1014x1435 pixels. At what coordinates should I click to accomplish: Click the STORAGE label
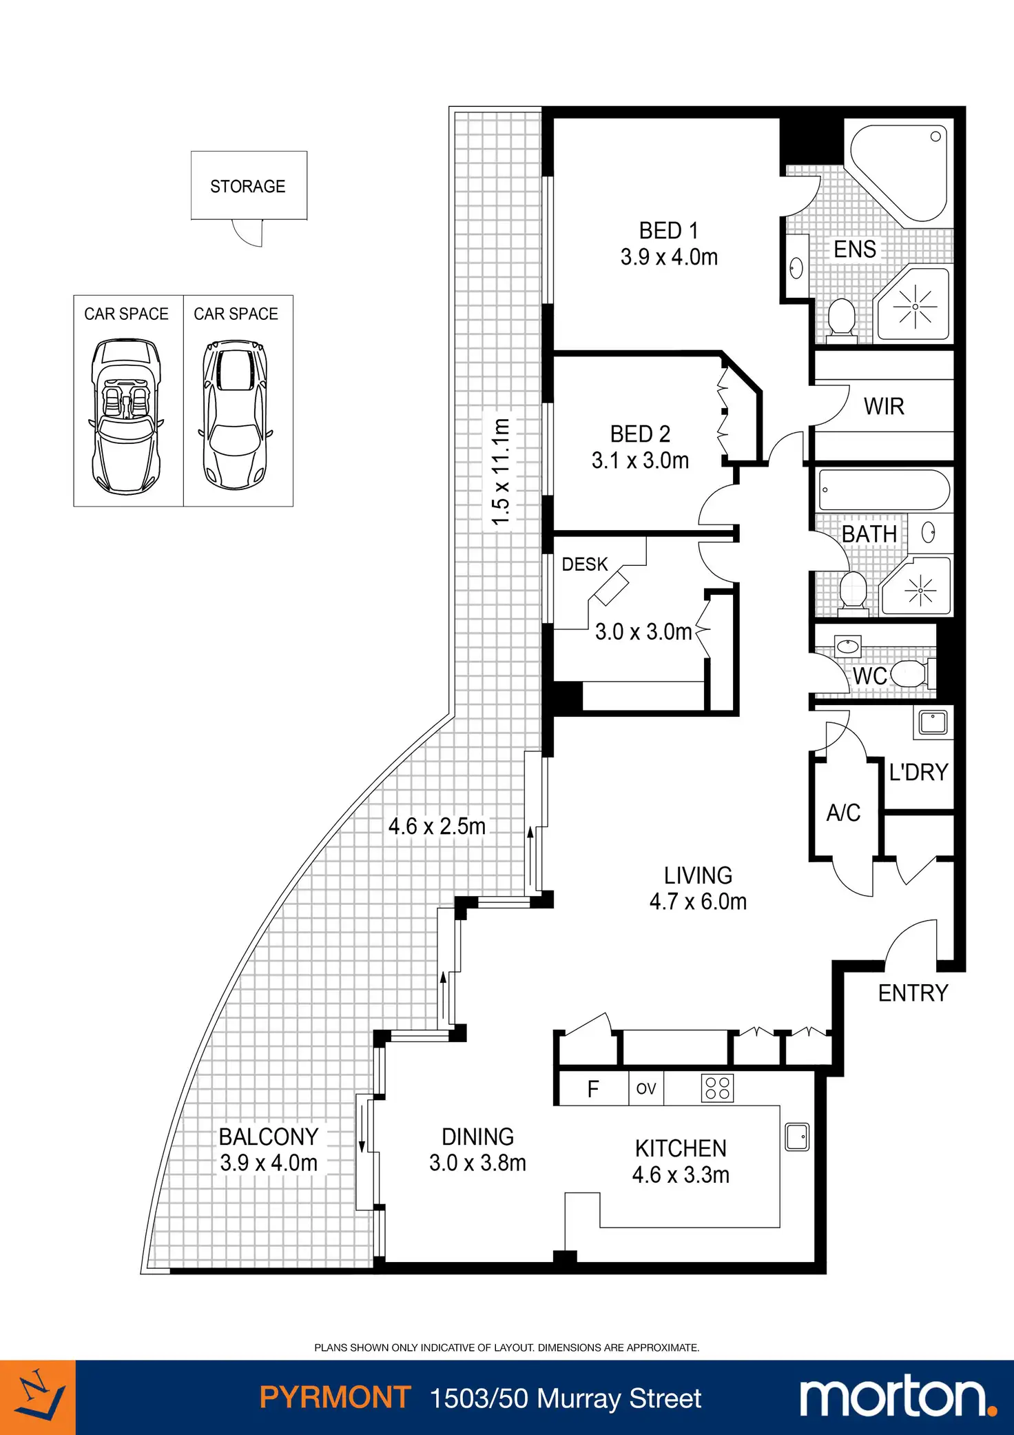click(x=248, y=187)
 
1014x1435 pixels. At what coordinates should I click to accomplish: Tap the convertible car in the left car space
click(x=126, y=416)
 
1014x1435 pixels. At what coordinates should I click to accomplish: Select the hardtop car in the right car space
click(x=235, y=414)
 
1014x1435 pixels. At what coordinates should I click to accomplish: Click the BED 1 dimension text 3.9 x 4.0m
click(x=669, y=257)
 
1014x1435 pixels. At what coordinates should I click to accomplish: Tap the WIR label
click(x=884, y=407)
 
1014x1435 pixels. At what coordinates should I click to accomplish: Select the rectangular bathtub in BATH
click(x=884, y=490)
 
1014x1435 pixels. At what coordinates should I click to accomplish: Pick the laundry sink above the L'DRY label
click(x=933, y=722)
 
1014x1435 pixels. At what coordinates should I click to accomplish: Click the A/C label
click(x=843, y=813)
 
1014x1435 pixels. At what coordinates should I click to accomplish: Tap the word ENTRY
click(x=913, y=993)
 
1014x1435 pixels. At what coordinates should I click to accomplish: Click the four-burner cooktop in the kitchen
click(x=717, y=1088)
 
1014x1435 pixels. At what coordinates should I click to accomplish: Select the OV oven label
click(x=645, y=1088)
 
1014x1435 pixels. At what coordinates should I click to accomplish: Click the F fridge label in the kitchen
click(x=593, y=1089)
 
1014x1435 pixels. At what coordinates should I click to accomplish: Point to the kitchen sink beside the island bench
click(x=797, y=1137)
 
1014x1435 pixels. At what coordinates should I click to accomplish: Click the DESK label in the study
click(x=585, y=564)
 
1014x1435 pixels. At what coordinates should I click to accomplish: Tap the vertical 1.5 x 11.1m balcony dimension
click(x=501, y=471)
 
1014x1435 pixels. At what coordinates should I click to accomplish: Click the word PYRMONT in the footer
click(x=335, y=1398)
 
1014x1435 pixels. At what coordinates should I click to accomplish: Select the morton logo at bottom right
click(x=898, y=1397)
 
